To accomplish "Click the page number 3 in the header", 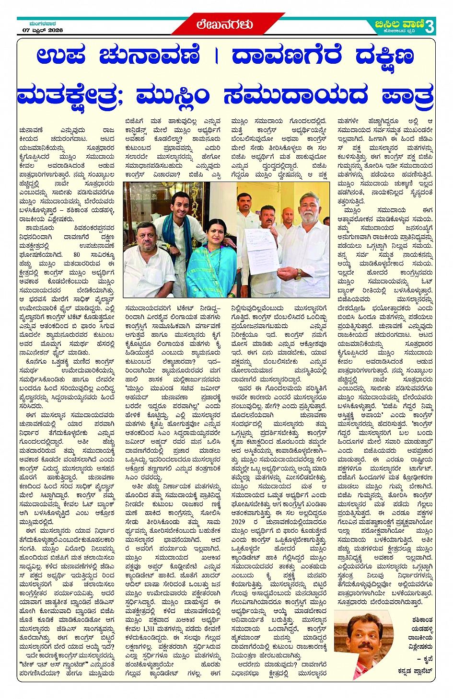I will (x=430, y=26).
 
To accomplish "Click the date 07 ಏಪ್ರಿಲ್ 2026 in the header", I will (x=43, y=30).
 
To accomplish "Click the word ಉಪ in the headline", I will (x=61, y=56).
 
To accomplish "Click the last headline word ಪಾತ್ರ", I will (x=408, y=95).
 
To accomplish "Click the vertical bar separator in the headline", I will (x=216, y=56).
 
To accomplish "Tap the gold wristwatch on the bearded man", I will (x=299, y=274).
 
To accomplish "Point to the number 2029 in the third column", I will (x=238, y=522).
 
